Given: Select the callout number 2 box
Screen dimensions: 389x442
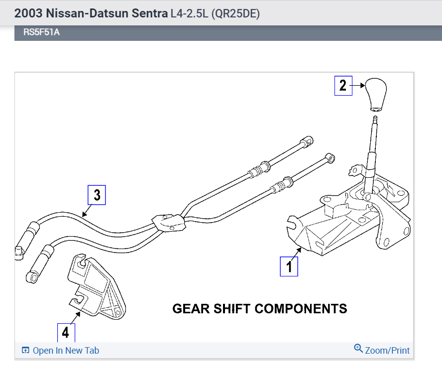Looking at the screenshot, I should pos(342,85).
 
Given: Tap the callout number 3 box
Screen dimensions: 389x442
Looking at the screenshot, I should pos(97,195).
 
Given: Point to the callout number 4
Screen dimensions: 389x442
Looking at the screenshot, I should pos(65,331).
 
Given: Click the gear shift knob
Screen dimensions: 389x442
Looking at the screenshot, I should pos(376,94).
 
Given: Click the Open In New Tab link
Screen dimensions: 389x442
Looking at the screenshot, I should pos(66,351).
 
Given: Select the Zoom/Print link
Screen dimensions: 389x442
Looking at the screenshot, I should pos(387,351).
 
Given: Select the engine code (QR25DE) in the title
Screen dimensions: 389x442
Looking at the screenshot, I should pos(235,13).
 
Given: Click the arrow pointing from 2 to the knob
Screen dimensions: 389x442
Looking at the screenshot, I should pos(359,85).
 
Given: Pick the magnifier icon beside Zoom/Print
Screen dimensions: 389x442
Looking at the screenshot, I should pos(358,348).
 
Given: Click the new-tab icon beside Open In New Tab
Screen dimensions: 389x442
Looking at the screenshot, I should pos(26,351).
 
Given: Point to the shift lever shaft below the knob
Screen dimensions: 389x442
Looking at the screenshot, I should pos(373,149).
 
